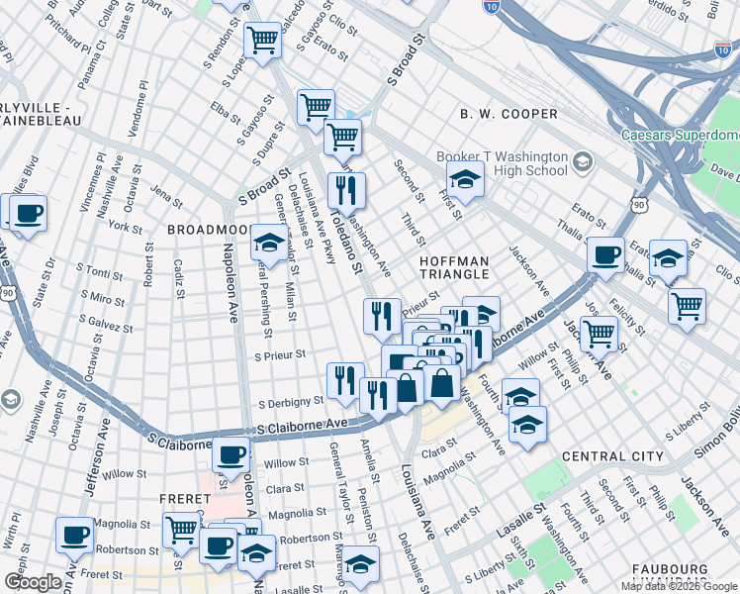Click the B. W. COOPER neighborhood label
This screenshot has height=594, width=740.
tap(509, 114)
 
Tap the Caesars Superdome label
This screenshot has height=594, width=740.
tap(680, 135)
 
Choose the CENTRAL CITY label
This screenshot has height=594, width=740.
tap(612, 456)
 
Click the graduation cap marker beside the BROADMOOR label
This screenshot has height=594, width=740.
tap(268, 241)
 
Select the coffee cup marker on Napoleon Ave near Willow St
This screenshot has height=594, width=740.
tap(231, 454)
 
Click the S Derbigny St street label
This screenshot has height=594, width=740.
tap(291, 403)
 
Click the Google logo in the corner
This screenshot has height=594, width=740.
tap(33, 582)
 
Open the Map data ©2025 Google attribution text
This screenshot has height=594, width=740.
tap(679, 586)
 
